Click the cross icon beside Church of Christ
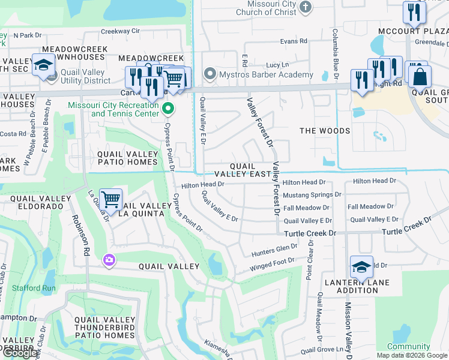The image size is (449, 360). click(x=306, y=7)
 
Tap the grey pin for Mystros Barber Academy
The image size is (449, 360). click(x=209, y=74)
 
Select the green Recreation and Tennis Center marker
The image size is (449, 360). click(x=169, y=109)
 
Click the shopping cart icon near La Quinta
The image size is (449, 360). click(x=110, y=199)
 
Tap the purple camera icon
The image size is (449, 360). click(x=110, y=260)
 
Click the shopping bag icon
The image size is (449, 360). click(x=420, y=76)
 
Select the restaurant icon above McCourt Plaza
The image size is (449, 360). click(x=414, y=11)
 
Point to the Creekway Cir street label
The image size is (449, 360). click(x=120, y=31)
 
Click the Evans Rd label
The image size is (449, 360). click(x=294, y=41)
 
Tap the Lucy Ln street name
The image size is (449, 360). click(x=277, y=65)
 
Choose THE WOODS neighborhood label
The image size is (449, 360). click(x=325, y=131)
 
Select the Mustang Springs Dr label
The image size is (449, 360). click(x=312, y=195)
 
